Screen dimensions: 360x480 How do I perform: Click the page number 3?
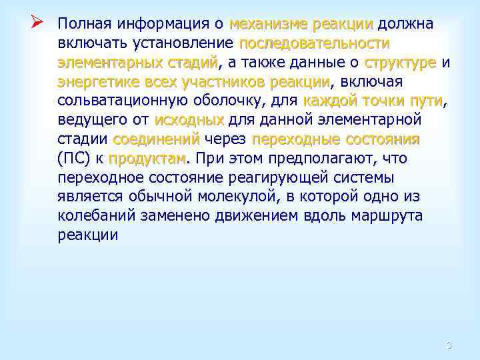(x=449, y=345)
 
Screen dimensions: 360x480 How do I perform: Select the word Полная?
(x=85, y=25)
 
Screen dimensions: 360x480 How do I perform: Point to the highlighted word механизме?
(x=268, y=25)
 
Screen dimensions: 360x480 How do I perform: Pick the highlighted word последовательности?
(x=315, y=44)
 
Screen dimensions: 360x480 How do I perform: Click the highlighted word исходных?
(x=189, y=121)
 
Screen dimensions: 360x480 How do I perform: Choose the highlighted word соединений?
(x=157, y=140)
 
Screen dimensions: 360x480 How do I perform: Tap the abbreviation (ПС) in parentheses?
(x=74, y=159)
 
